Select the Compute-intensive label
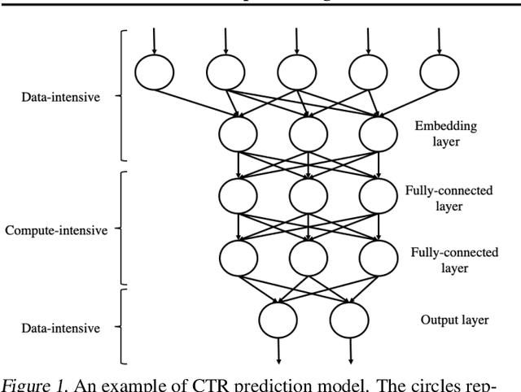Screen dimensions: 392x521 57,230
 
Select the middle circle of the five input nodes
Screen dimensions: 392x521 296,73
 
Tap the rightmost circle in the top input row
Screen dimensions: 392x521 439,73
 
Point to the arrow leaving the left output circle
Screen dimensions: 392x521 278,351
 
